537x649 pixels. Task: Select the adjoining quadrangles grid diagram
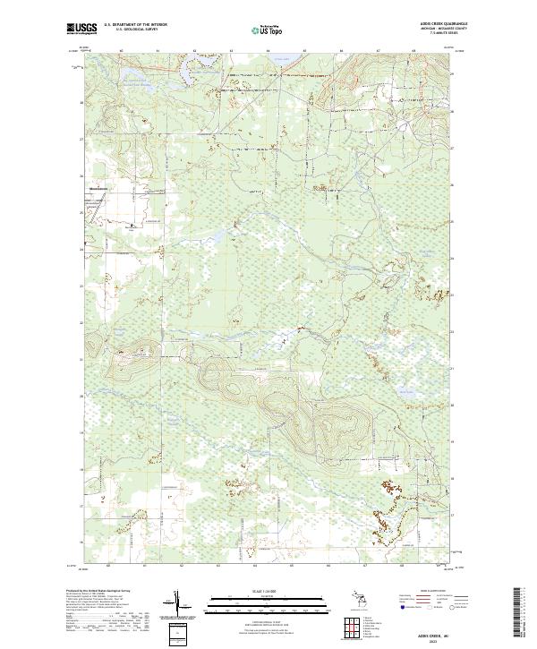pyautogui.click(x=355, y=627)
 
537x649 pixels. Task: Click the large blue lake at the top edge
pyautogui.click(x=285, y=60)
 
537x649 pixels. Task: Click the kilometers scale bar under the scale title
pyautogui.click(x=257, y=600)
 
